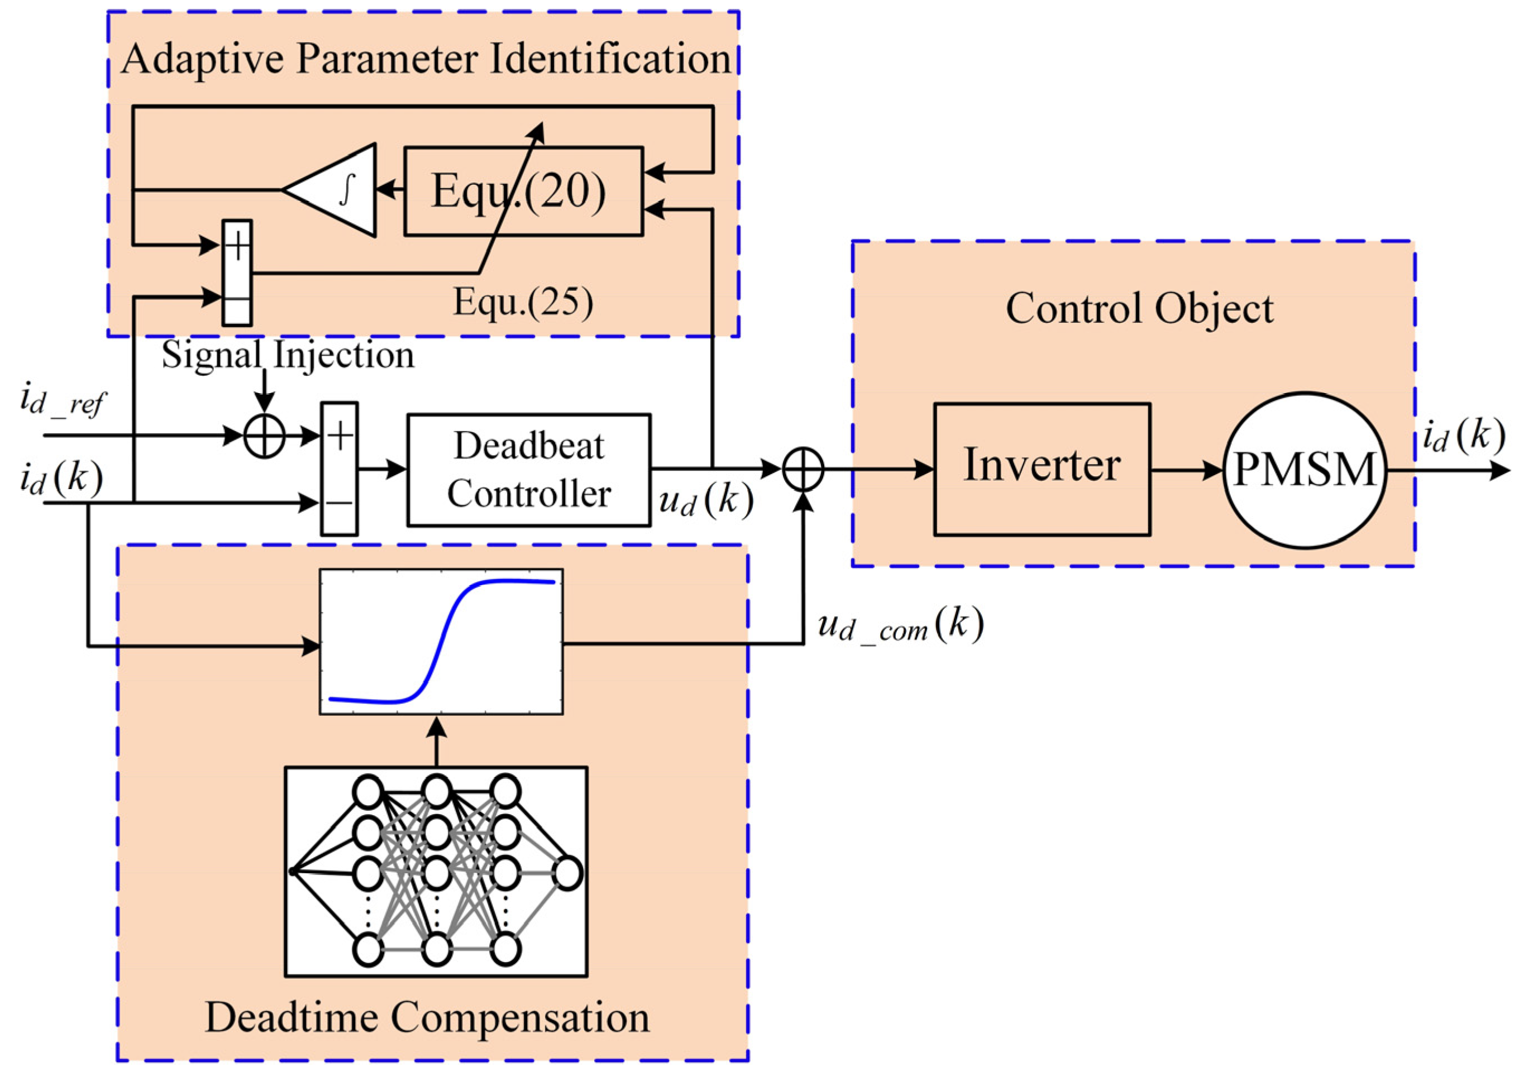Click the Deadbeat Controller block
(x=528, y=470)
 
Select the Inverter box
(x=1041, y=468)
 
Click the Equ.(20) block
(x=523, y=192)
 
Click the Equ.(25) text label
(x=523, y=303)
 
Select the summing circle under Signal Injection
(x=264, y=437)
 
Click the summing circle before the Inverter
(x=803, y=469)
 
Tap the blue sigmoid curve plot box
(x=441, y=641)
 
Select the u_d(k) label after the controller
(x=705, y=500)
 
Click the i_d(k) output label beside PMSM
(x=1463, y=437)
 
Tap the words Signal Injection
(x=288, y=355)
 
